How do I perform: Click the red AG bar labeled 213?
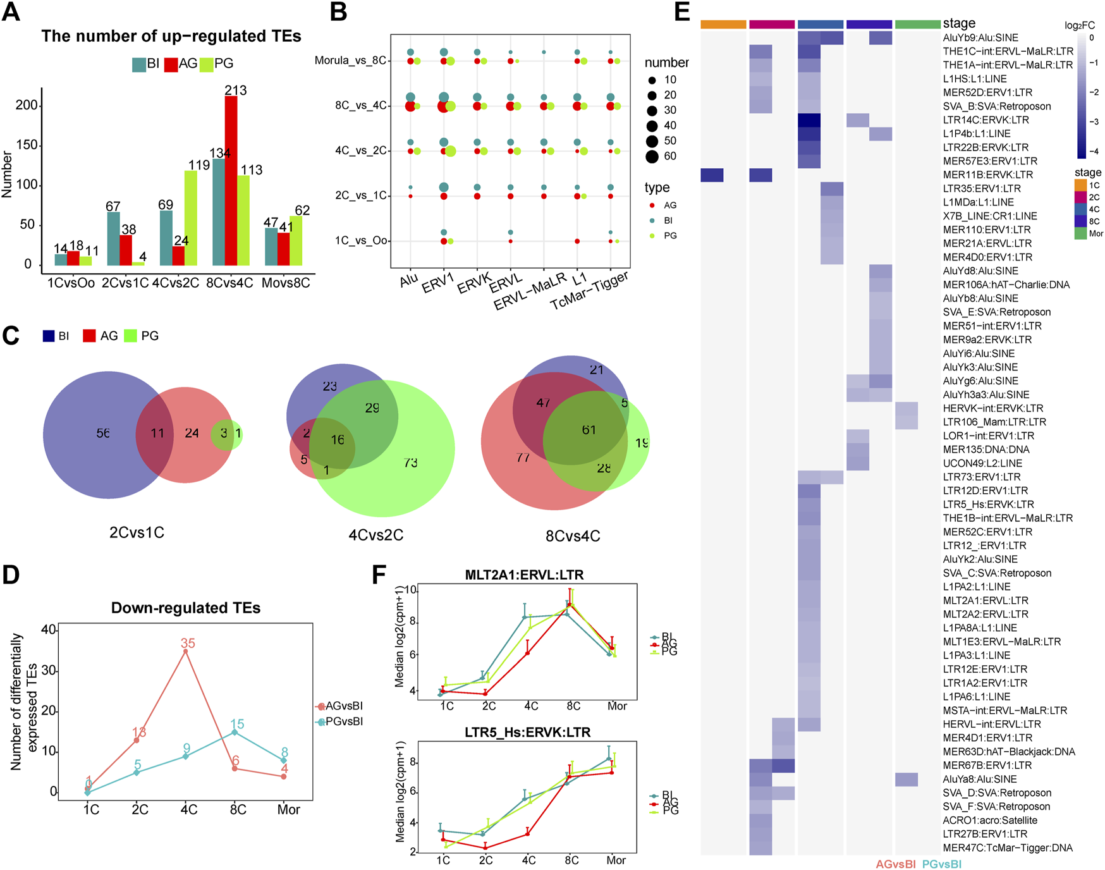(231, 181)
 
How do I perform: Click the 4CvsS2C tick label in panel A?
(176, 283)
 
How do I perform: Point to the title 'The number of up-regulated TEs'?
(171, 36)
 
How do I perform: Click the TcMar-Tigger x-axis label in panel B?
(590, 291)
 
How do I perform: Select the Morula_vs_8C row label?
(350, 61)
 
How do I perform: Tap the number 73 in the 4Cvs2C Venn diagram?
(410, 463)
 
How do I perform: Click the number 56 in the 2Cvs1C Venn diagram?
(103, 433)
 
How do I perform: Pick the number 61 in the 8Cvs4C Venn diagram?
(589, 430)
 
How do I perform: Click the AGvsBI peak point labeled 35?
(185, 651)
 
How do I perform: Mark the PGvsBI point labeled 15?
(235, 732)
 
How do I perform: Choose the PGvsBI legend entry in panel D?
(341, 721)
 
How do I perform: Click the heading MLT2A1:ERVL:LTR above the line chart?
(524, 575)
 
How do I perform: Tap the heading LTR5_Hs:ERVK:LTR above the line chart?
(527, 732)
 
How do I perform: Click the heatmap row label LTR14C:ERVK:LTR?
(986, 120)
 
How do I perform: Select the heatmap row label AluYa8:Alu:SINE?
(980, 779)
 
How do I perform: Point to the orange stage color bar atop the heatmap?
(723, 25)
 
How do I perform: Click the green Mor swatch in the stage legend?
(1080, 233)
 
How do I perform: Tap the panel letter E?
(682, 11)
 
